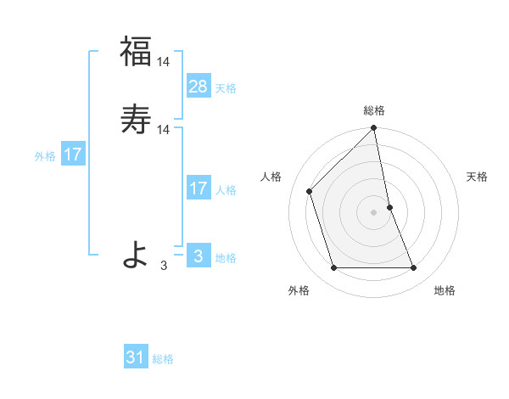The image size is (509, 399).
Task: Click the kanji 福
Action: click(x=136, y=51)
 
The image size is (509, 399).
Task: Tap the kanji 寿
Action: click(x=136, y=119)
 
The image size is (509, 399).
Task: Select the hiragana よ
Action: click(x=136, y=253)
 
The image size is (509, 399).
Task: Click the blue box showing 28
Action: click(x=199, y=86)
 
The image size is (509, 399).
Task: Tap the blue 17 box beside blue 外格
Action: click(x=72, y=155)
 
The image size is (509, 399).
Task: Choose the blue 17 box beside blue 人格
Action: click(x=199, y=188)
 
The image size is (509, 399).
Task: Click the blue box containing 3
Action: click(x=199, y=256)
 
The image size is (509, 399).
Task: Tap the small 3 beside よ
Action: click(x=164, y=266)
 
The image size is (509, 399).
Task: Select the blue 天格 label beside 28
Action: click(x=226, y=88)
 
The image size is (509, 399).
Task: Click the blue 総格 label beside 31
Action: click(x=163, y=360)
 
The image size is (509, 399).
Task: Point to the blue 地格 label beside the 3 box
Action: click(x=226, y=258)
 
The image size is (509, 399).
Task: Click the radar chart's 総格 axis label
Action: click(x=374, y=110)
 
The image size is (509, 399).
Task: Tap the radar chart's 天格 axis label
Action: click(x=478, y=177)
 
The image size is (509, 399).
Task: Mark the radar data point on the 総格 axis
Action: click(x=374, y=129)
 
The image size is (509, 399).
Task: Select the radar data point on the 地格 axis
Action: click(x=414, y=268)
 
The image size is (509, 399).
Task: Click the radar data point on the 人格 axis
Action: click(x=310, y=191)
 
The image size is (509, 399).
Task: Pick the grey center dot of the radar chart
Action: click(x=374, y=212)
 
